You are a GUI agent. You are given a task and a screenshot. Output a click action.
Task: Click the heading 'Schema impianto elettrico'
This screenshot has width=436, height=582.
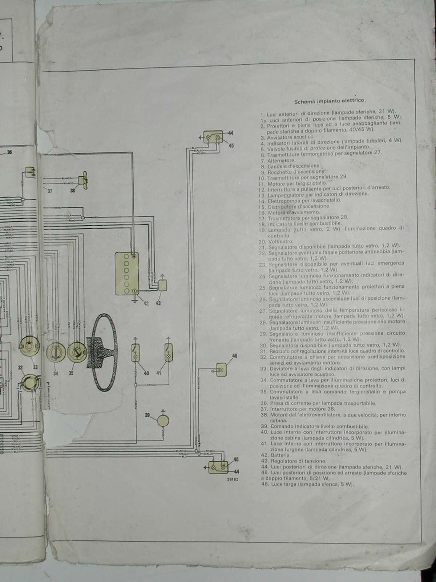330,101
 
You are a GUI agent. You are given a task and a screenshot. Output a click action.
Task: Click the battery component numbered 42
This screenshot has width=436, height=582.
129,274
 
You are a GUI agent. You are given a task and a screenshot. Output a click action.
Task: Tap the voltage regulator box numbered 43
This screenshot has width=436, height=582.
162,285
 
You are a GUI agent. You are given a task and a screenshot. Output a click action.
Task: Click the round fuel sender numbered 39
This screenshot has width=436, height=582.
162,421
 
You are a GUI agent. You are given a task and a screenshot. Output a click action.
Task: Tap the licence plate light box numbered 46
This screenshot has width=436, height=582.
222,370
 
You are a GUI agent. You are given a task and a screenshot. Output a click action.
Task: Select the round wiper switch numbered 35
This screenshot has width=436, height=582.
77,351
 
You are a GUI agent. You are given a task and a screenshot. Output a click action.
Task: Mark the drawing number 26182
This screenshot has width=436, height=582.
233,479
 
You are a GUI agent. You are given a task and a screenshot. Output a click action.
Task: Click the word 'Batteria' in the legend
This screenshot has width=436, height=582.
280,455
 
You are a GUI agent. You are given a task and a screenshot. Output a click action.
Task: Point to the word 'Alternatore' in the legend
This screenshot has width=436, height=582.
281,160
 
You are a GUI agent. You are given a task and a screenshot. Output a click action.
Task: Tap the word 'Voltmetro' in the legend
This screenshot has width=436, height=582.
280,242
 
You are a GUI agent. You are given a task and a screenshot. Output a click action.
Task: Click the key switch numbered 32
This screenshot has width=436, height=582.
29,382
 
